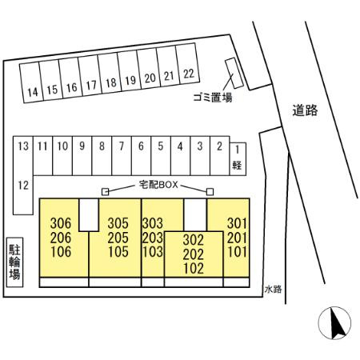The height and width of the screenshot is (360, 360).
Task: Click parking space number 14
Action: [31, 82]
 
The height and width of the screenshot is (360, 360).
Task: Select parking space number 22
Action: [187, 63]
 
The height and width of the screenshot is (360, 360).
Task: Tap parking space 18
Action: [110, 73]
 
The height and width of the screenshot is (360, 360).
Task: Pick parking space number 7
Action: [122, 156]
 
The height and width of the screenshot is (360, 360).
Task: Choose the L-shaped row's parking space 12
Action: [23, 195]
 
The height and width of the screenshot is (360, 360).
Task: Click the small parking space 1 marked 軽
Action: [238, 159]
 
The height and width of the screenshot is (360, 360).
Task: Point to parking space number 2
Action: [220, 156]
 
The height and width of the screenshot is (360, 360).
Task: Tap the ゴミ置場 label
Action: [213, 98]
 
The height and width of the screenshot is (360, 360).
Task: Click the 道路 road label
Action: [305, 110]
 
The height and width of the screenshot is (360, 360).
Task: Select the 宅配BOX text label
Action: [158, 185]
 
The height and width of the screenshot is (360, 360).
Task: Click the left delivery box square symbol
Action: [106, 192]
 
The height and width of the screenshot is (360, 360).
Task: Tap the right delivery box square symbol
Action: [210, 192]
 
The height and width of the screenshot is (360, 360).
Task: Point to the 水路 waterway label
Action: [273, 289]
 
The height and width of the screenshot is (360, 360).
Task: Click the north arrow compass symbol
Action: [334, 323]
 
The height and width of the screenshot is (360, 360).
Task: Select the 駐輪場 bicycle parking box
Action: [14, 262]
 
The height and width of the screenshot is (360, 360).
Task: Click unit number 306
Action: [61, 223]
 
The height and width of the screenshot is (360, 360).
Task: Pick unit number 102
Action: [194, 268]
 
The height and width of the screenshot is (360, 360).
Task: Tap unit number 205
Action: [118, 238]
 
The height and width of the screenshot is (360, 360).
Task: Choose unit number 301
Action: [237, 223]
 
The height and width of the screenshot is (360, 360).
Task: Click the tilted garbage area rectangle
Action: [234, 73]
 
